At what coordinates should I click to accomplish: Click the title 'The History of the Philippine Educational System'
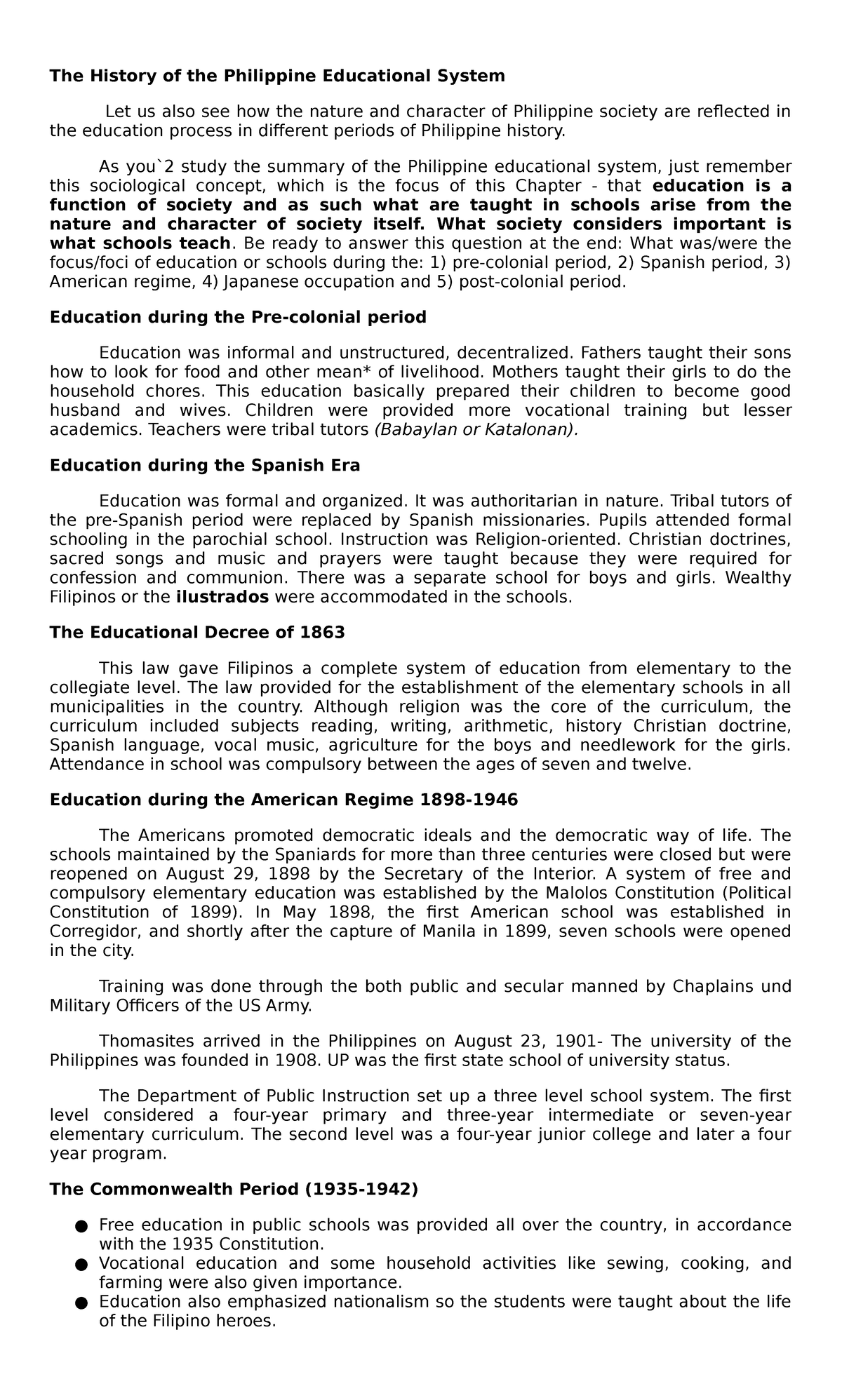(x=277, y=76)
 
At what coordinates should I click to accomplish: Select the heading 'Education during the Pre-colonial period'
(x=238, y=317)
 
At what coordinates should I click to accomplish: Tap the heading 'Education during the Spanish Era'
(x=205, y=465)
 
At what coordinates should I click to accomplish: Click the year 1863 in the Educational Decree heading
(x=322, y=633)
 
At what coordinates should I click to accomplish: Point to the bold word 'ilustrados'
(x=222, y=598)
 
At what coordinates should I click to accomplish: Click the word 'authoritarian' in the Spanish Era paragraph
(x=534, y=501)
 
